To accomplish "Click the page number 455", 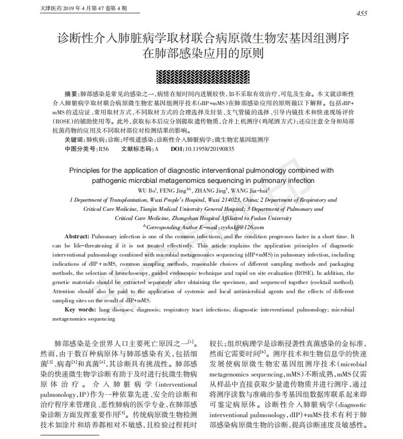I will pyautogui.click(x=361, y=13).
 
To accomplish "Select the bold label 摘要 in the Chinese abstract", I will pyautogui.click(x=72, y=95).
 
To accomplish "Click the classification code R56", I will pyautogui.click(x=104, y=149).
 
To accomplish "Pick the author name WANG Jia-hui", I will pyautogui.click(x=250, y=191).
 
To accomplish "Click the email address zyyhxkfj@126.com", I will pyautogui.click(x=241, y=227).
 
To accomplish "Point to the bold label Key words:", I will pyautogui.click(x=80, y=309).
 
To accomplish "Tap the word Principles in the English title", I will pyautogui.click(x=85, y=171).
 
